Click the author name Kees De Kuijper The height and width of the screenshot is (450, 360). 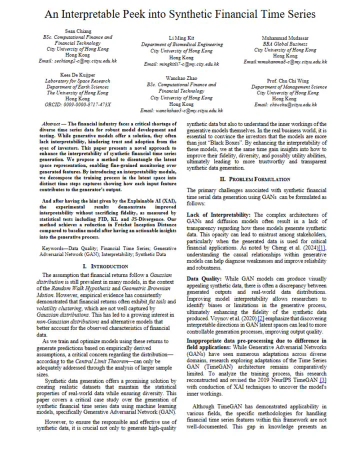(77, 74)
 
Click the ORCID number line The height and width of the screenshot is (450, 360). (77, 104)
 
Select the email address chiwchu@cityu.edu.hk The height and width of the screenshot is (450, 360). (285, 104)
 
